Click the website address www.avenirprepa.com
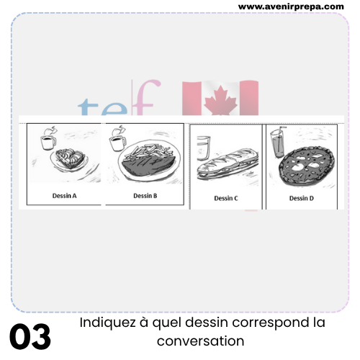pyautogui.click(x=291, y=6)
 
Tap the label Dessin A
pyautogui.click(x=64, y=196)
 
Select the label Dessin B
pyautogui.click(x=145, y=196)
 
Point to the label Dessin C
pyautogui.click(x=226, y=198)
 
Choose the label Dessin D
pyautogui.click(x=302, y=198)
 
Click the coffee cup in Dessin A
pyautogui.click(x=49, y=142)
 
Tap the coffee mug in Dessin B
pyautogui.click(x=117, y=143)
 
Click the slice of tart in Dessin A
pyautogui.click(x=70, y=158)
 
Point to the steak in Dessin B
pyautogui.click(x=149, y=166)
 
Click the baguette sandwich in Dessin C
pyautogui.click(x=228, y=163)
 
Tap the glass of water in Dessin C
pyautogui.click(x=203, y=148)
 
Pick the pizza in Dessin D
pyautogui.click(x=307, y=166)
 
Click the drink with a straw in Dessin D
pyautogui.click(x=279, y=142)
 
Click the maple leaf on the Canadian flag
pyautogui.click(x=220, y=100)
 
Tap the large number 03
pyautogui.click(x=30, y=336)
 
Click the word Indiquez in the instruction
pyautogui.click(x=107, y=323)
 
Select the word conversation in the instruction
pyautogui.click(x=201, y=341)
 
